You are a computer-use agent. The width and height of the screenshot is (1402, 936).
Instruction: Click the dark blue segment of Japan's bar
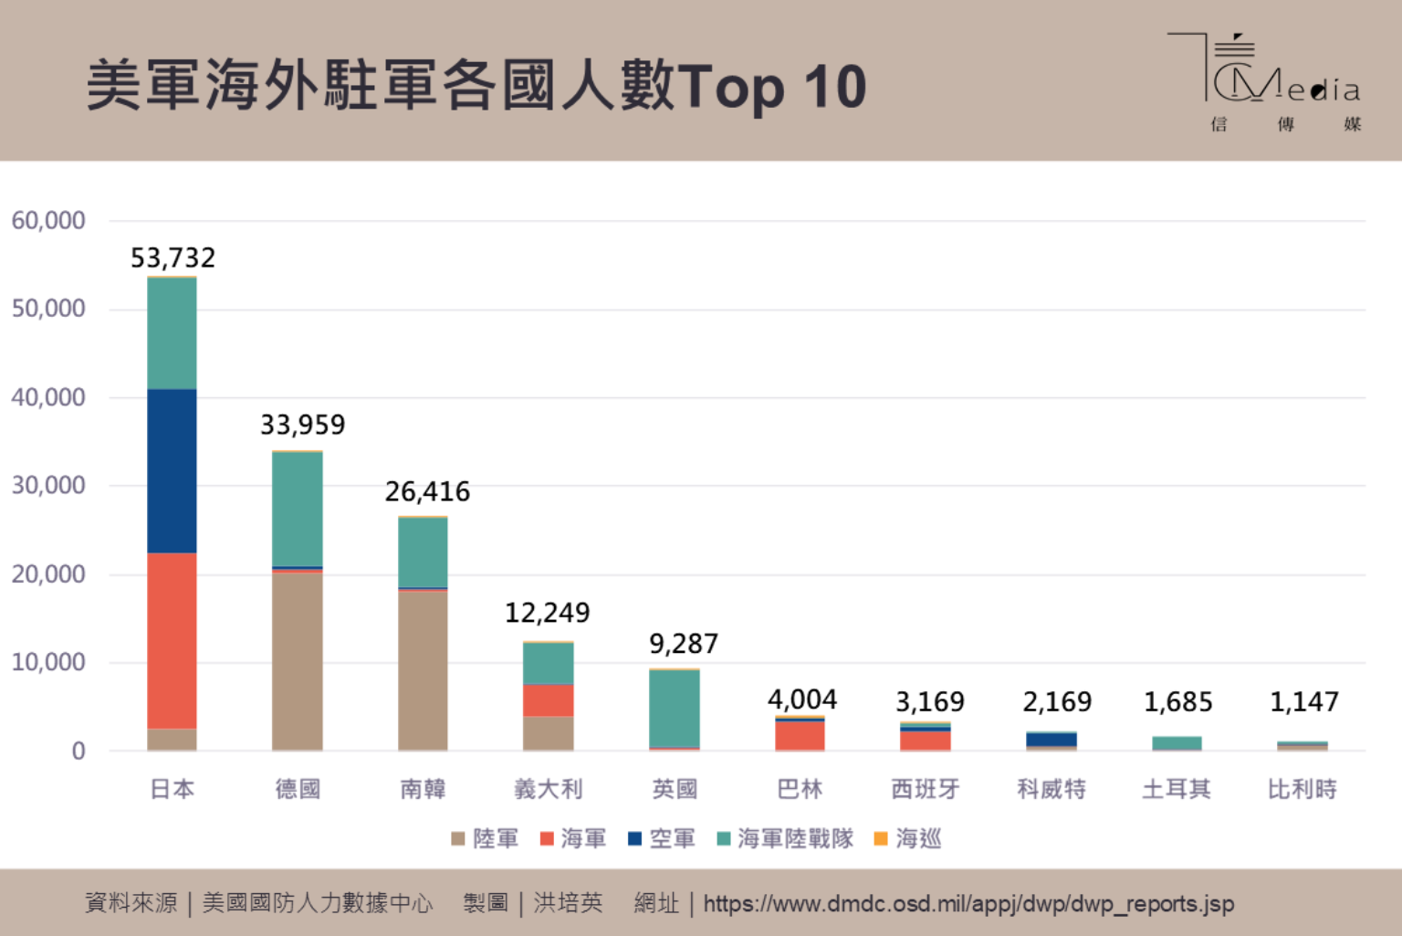point(172,470)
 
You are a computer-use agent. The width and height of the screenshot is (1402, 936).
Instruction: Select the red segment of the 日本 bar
point(172,639)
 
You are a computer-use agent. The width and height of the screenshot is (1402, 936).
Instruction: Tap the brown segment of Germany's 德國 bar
point(298,661)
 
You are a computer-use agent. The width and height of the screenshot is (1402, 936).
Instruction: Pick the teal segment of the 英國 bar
point(675,709)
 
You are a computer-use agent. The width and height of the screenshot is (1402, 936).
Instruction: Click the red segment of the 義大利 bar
point(548,700)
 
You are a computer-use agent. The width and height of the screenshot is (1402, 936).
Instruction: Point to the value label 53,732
point(173,258)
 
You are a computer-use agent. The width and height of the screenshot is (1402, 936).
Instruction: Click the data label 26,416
point(427,492)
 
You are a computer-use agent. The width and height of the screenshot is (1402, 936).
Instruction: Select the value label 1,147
point(1303,702)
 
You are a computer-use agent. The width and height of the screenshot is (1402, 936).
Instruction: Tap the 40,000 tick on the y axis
point(48,397)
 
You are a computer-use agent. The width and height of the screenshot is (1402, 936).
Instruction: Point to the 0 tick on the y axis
point(78,752)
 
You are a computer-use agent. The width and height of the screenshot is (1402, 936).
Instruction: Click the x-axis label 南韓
point(423,789)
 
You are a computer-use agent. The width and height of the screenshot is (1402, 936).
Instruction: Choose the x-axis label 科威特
point(1051,789)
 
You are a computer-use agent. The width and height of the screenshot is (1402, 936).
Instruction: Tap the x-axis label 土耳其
point(1177,789)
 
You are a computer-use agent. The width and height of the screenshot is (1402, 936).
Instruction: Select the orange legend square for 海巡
point(881,838)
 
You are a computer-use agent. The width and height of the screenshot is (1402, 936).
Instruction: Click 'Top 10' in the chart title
point(772,87)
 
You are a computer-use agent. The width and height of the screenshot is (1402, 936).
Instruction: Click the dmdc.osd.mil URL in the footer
point(968,904)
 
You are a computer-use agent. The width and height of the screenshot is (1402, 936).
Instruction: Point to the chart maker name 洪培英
point(568,904)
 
